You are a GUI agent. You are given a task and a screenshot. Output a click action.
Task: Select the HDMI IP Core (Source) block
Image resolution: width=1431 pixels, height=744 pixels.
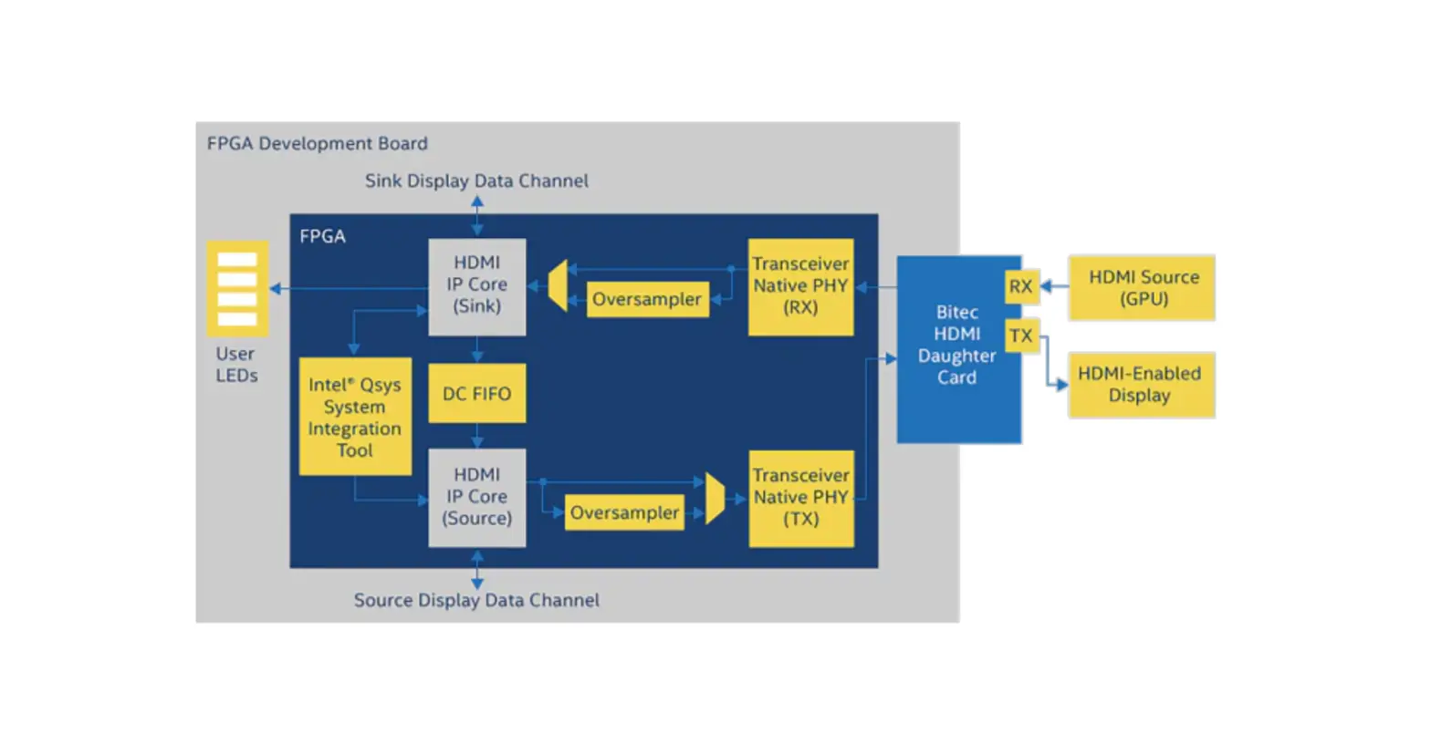click(476, 497)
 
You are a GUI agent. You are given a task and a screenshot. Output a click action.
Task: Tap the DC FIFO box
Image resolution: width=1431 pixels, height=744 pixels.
click(476, 393)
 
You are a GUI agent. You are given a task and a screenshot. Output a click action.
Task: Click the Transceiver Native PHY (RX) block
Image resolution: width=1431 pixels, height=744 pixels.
click(800, 286)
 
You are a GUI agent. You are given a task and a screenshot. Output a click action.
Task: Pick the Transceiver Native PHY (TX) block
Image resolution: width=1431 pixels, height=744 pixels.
click(800, 498)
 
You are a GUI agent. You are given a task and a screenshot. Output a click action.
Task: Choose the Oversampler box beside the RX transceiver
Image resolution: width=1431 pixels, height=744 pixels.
click(647, 299)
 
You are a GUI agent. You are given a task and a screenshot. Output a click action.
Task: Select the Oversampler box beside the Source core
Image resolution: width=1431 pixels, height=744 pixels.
click(624, 512)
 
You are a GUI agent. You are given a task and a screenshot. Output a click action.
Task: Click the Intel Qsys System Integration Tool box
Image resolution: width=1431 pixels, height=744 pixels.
click(354, 417)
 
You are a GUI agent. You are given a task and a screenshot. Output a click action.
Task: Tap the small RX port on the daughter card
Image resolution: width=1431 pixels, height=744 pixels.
click(1020, 286)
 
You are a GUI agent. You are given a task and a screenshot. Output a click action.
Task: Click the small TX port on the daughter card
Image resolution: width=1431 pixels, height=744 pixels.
click(1020, 336)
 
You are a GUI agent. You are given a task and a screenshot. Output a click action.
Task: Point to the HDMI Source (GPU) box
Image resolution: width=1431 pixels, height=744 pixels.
click(1142, 287)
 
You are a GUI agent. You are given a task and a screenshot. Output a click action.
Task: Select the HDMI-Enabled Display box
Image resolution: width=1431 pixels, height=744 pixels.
click(1141, 385)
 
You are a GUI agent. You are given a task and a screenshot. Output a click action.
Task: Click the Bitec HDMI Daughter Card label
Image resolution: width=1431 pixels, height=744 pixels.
click(956, 345)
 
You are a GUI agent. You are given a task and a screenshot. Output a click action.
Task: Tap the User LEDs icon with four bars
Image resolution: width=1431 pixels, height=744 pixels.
click(237, 288)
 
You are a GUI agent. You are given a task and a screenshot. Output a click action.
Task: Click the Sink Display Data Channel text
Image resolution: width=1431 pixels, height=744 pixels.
click(476, 181)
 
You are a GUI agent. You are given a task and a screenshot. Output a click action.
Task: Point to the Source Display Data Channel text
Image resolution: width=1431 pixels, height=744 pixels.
click(476, 600)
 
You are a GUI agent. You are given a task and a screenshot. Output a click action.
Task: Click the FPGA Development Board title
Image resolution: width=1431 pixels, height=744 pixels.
click(317, 143)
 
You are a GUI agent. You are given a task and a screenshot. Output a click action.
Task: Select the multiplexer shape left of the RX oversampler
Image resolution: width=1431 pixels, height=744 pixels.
click(558, 285)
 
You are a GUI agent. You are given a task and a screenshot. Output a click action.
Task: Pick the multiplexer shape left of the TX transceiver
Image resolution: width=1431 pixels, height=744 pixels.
click(715, 498)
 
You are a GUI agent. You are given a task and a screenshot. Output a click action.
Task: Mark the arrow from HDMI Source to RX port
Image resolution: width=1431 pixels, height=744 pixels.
click(1054, 286)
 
